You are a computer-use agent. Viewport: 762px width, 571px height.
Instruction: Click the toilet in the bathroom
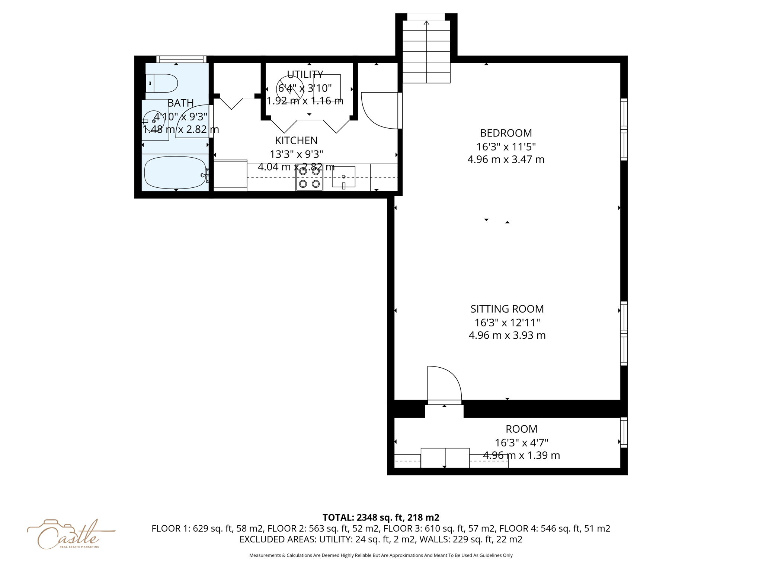163,83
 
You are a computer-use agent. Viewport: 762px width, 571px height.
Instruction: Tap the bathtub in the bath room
175,172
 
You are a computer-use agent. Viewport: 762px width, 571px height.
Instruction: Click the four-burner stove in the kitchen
309,178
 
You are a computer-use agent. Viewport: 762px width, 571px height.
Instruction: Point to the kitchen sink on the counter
343,177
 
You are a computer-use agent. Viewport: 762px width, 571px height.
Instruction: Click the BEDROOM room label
506,133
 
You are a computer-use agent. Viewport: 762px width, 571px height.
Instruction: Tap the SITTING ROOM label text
507,309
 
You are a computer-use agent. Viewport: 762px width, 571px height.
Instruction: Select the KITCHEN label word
296,141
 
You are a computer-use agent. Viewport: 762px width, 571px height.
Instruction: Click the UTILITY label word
305,74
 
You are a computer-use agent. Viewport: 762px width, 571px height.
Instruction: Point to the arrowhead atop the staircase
426,23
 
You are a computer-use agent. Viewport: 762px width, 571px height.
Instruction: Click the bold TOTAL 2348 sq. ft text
381,517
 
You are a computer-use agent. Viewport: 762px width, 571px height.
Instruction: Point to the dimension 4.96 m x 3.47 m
506,159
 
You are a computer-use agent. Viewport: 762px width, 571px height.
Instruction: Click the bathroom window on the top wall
181,59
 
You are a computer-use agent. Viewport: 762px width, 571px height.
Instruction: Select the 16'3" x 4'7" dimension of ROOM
521,443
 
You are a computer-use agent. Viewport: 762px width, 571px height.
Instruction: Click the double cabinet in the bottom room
445,458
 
